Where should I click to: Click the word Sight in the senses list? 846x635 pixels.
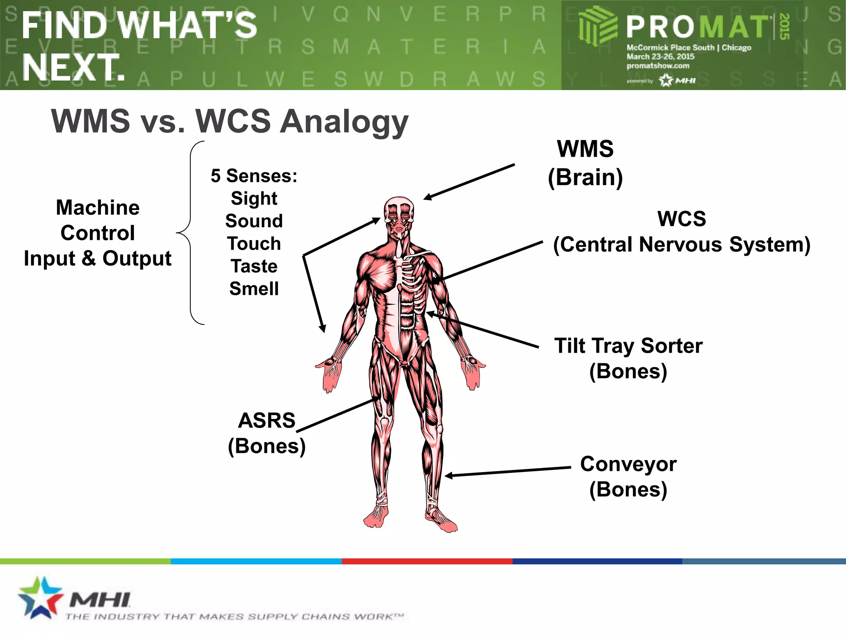coord(254,198)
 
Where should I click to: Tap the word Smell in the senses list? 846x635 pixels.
coord(254,289)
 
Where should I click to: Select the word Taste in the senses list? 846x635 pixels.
coord(254,266)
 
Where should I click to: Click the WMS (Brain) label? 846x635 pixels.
coord(585,163)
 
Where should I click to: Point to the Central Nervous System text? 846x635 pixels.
coord(682,244)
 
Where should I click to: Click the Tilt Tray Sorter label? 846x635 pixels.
coord(628,346)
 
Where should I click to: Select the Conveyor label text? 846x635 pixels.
coord(628,464)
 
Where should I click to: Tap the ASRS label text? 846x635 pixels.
coord(267,421)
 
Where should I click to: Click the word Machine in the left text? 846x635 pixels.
coord(97,208)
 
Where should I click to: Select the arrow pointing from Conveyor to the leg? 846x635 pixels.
coord(508,472)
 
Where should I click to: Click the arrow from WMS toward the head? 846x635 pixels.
coord(469,182)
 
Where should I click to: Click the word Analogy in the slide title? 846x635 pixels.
coord(344,122)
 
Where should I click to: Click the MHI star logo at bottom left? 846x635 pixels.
coord(40,598)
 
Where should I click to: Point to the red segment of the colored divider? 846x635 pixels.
coord(427,561)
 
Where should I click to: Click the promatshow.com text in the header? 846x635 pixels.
coord(658,66)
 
